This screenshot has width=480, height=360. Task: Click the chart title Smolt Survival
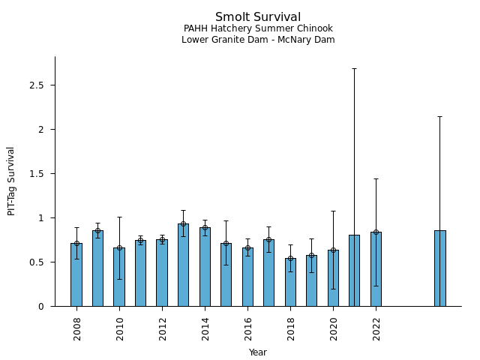point(258,17)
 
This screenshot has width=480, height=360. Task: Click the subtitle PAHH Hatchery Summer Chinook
point(258,28)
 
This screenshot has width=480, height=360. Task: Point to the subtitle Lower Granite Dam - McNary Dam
point(258,40)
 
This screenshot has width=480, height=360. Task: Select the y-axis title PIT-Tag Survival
point(11,181)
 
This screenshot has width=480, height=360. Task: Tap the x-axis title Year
point(258,352)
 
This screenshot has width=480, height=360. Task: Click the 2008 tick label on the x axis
point(76,328)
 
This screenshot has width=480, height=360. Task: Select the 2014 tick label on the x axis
point(205,328)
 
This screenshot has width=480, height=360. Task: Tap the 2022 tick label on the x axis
point(376,328)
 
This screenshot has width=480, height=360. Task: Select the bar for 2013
point(183,265)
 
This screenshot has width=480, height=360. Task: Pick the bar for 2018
point(290,283)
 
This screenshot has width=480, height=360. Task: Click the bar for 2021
point(354,271)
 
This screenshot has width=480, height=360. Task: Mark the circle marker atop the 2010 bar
point(119,247)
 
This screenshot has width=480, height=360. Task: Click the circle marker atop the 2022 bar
point(376,232)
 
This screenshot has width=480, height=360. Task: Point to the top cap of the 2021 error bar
point(354,68)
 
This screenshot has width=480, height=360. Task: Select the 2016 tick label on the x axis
point(247,328)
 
